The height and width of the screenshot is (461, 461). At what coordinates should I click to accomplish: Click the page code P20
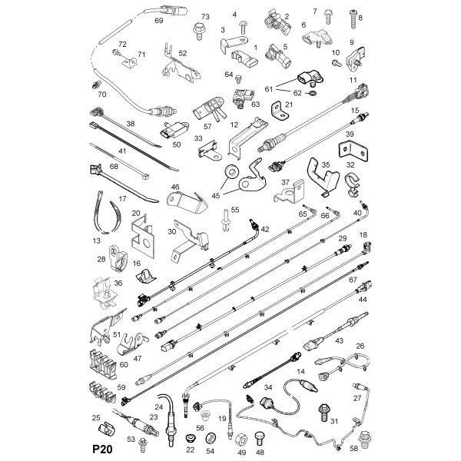coord(103,449)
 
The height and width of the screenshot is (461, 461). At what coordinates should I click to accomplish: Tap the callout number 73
coord(205,16)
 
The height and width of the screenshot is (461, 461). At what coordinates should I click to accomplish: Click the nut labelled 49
coord(241,439)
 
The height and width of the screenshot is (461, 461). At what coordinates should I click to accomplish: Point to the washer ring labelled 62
coord(310,94)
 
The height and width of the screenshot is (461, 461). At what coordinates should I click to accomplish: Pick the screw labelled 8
coord(353,18)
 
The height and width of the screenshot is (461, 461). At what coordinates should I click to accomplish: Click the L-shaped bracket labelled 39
coord(353,151)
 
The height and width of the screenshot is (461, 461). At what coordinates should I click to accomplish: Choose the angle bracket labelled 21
coord(280,111)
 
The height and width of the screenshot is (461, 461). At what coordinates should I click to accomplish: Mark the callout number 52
coord(183,53)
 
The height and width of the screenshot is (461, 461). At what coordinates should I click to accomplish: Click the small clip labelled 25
coord(107,429)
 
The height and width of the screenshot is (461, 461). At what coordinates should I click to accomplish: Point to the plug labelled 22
coord(191,438)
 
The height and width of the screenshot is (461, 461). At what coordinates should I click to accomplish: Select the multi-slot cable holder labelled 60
coord(103,363)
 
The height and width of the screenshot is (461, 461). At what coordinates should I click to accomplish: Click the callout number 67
coord(353,280)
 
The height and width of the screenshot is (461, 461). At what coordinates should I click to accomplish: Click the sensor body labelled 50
coord(174,130)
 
